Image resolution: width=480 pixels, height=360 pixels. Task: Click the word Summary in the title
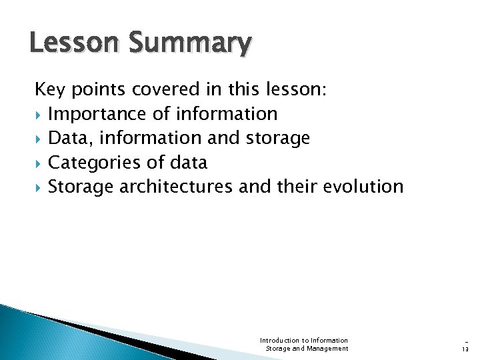click(x=190, y=44)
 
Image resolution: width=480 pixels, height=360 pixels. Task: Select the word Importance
click(x=98, y=114)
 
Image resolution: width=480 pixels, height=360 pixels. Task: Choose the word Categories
click(x=95, y=163)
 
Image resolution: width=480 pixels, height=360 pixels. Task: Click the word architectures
click(x=176, y=187)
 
